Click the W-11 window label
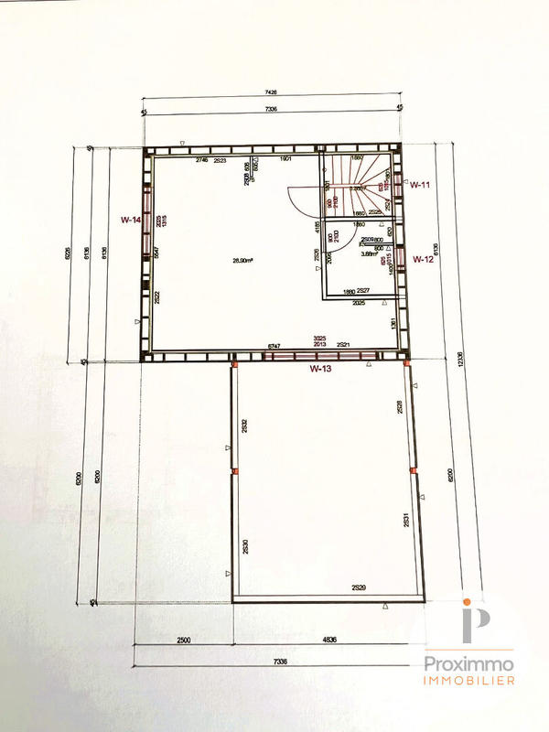click(x=420, y=185)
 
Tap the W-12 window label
click(x=422, y=259)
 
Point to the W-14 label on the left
click(x=131, y=220)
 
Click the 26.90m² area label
click(x=242, y=261)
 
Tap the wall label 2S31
click(x=404, y=521)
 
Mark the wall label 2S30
click(x=244, y=548)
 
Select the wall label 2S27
click(x=363, y=291)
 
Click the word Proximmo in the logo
click(x=468, y=663)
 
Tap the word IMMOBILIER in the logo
click(x=468, y=681)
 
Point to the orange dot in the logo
click(x=468, y=602)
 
